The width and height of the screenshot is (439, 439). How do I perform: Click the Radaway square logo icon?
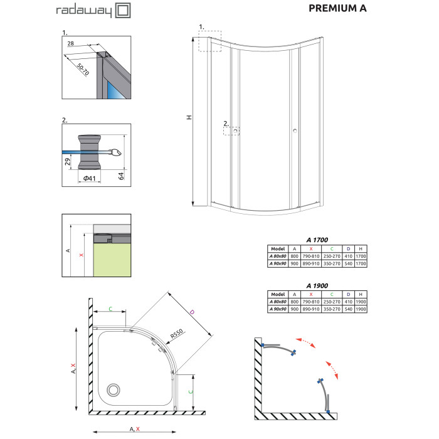click(123, 11)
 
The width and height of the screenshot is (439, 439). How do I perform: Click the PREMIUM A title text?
click(337, 8)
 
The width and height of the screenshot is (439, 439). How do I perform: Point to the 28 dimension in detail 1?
click(70, 43)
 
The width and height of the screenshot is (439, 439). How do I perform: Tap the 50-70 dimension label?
click(83, 69)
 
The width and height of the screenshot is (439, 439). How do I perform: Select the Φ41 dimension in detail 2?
click(90, 178)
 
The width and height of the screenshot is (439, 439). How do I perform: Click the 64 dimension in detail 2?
click(121, 176)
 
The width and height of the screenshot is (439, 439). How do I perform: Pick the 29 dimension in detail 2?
click(68, 162)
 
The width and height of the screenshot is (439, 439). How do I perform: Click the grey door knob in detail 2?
click(89, 152)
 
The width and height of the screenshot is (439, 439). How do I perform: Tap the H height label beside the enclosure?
click(189, 117)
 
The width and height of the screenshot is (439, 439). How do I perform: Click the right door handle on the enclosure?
click(295, 130)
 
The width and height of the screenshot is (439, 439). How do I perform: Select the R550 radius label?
click(177, 334)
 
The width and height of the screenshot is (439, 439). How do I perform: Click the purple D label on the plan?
click(192, 312)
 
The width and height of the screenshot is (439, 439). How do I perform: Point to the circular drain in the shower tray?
click(114, 389)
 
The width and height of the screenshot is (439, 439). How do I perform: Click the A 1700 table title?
click(317, 240)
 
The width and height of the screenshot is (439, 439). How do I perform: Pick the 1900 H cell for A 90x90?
click(361, 309)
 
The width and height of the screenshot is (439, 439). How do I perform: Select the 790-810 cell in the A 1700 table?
click(311, 256)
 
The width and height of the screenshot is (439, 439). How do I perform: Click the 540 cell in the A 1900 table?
click(348, 309)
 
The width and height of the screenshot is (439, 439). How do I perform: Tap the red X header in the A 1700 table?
click(311, 248)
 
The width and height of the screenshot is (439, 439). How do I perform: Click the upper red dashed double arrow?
click(305, 342)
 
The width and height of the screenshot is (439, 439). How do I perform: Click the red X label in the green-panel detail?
click(81, 255)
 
